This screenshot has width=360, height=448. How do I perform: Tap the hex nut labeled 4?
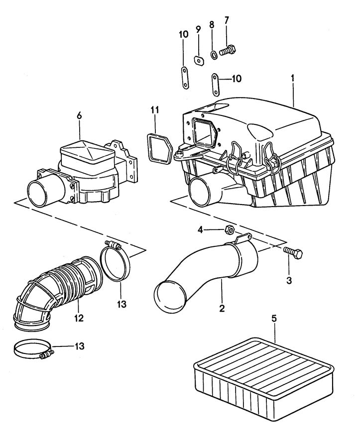(x=230, y=229)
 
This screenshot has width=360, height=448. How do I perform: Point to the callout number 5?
(x=273, y=317)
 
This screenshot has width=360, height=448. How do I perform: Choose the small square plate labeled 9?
(x=199, y=60)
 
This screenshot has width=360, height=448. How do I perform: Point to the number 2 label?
(x=222, y=308)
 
